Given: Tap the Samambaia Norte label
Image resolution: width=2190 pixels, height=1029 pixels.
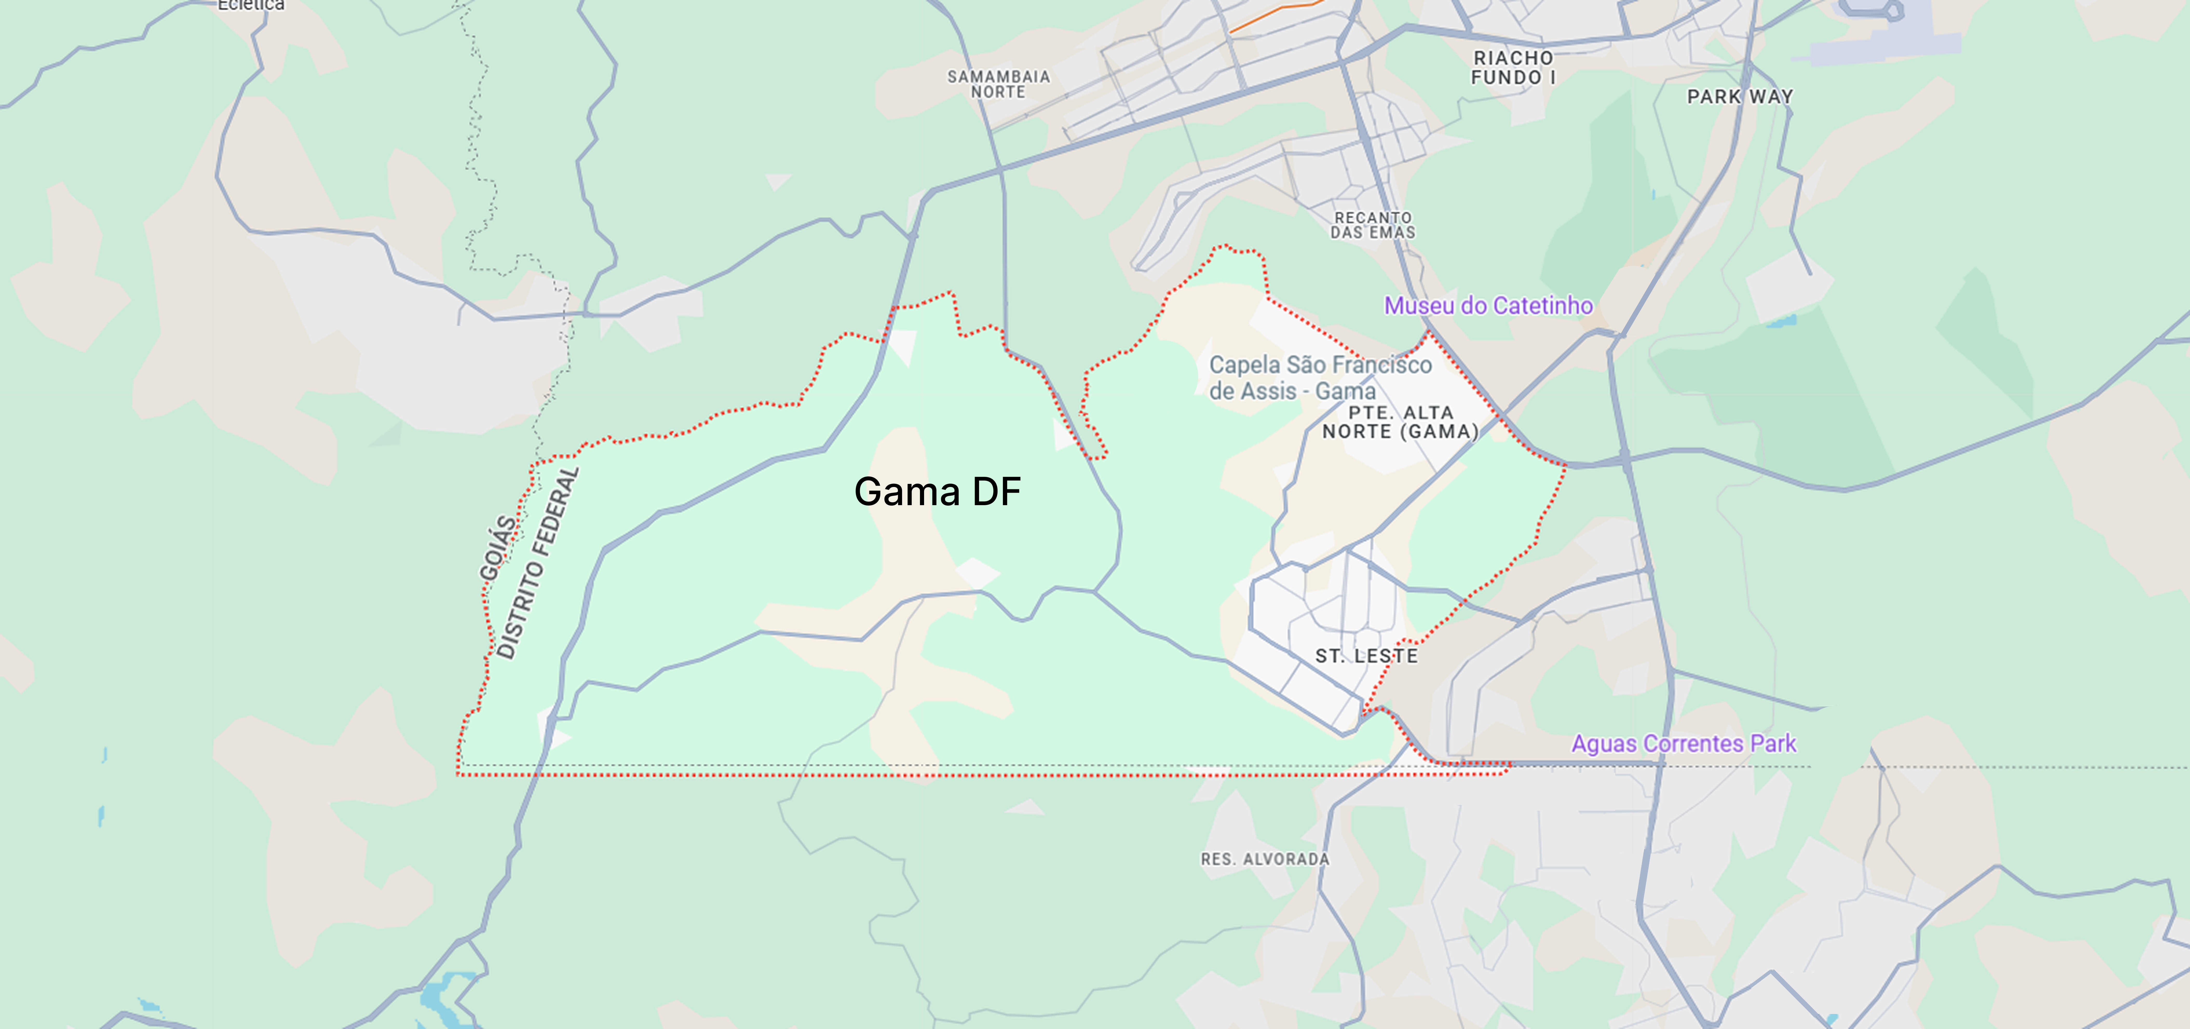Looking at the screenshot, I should point(999,84).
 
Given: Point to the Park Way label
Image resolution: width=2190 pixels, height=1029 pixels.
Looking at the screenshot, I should point(1740,97).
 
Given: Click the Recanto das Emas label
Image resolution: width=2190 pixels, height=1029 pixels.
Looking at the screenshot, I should point(1373,225).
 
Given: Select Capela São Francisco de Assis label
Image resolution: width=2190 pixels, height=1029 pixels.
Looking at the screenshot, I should point(1320,378).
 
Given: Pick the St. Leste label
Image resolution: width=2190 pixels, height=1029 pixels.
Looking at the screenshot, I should point(1366,656).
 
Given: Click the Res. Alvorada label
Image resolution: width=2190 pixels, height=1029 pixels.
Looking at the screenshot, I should point(1264,859).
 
